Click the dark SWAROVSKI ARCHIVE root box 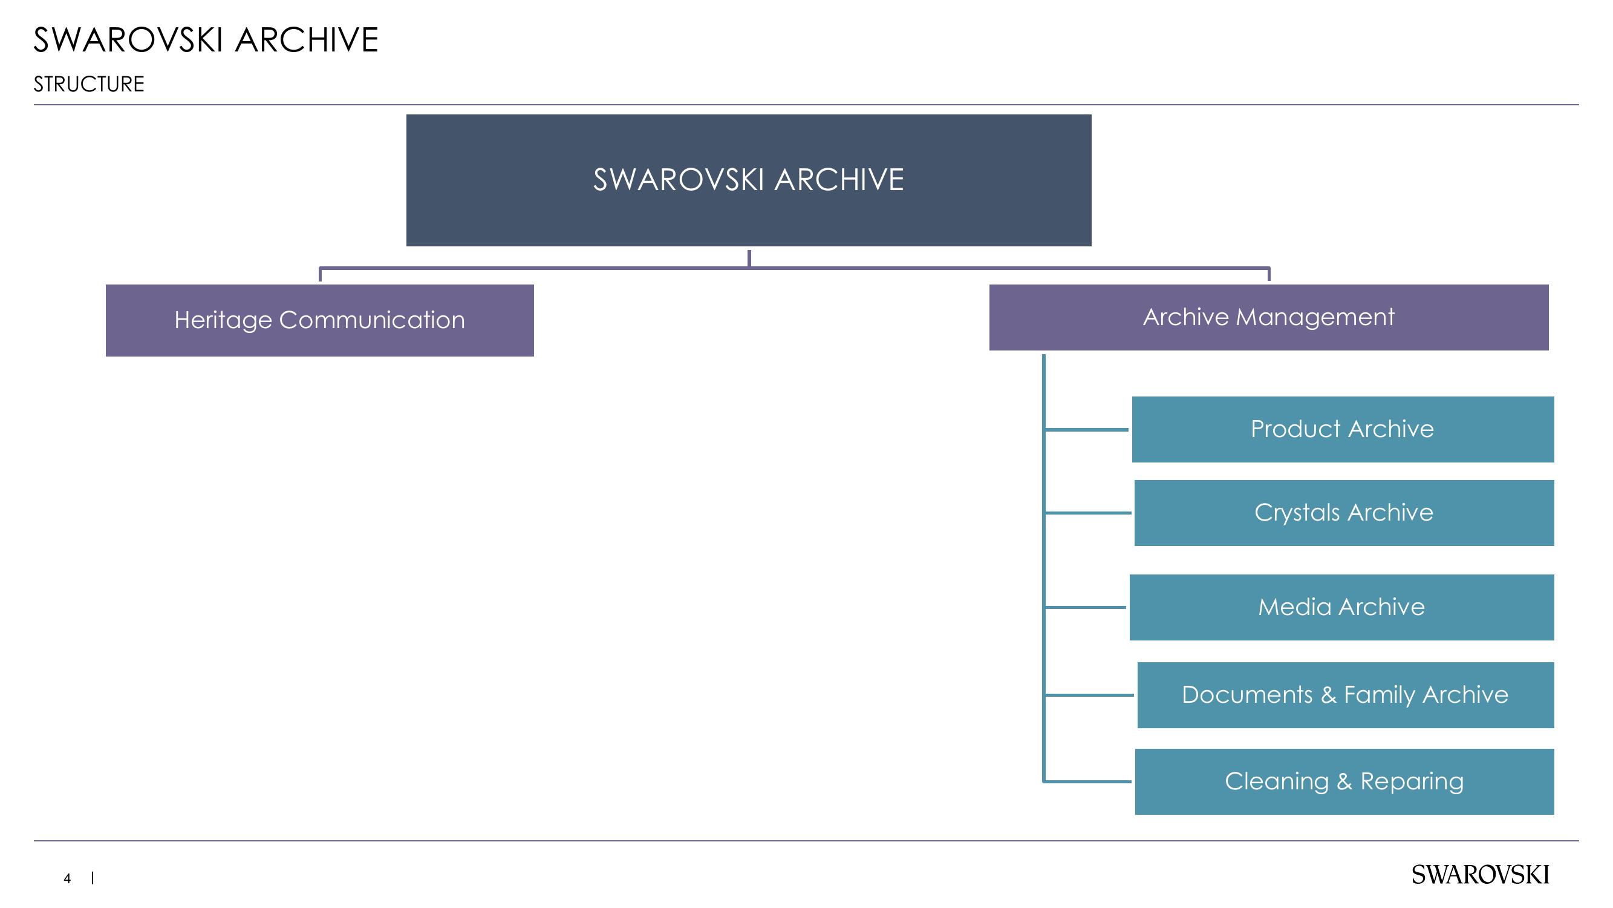[748, 180]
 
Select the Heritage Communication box [319, 320]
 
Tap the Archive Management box [1269, 317]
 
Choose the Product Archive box [1343, 429]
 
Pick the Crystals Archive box [1344, 513]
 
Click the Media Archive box [1341, 607]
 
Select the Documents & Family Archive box [1346, 695]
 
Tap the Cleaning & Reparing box [1344, 781]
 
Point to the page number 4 [67, 878]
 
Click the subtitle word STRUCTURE [89, 84]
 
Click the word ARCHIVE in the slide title [307, 40]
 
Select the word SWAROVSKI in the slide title [128, 40]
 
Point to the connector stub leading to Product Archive [1086, 429]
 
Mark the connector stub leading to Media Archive [1085, 607]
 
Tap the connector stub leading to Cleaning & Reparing [1087, 781]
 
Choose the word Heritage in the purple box [223, 320]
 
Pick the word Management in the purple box [1315, 317]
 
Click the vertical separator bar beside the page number [93, 878]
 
